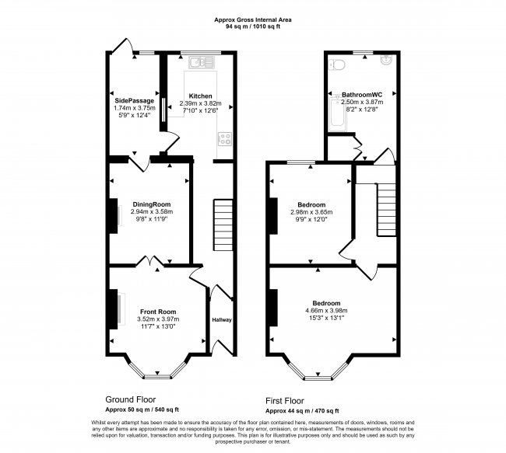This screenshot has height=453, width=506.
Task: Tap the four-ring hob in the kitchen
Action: tap(225, 140)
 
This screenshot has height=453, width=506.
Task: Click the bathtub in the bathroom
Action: tap(335, 117)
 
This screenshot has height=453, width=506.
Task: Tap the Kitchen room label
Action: tap(200, 96)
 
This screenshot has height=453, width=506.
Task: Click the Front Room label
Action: tap(158, 312)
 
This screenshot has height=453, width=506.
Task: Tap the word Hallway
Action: tap(221, 319)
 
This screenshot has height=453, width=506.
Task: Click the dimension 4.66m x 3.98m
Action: tap(327, 311)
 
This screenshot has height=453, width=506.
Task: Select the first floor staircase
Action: tap(387, 204)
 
